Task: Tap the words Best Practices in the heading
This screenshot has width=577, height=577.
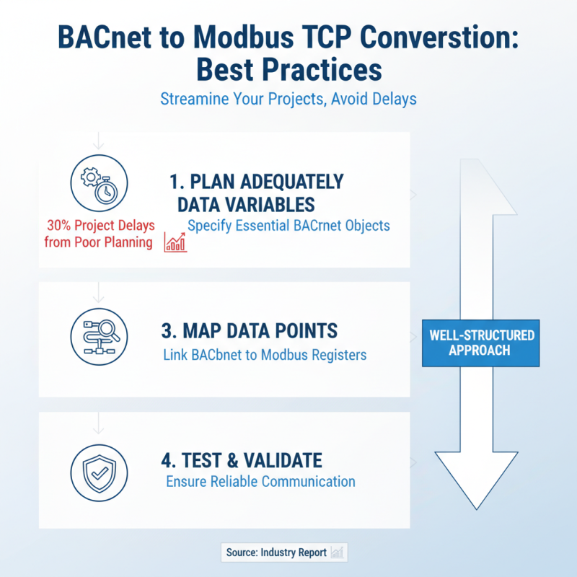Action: [x=288, y=70]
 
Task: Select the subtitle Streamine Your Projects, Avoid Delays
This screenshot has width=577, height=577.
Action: [x=288, y=98]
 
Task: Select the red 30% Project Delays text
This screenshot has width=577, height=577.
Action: [x=101, y=226]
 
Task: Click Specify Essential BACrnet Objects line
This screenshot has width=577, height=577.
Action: [x=288, y=226]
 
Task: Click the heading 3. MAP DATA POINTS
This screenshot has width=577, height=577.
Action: [x=249, y=331]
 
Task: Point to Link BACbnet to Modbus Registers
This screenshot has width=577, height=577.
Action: [x=264, y=354]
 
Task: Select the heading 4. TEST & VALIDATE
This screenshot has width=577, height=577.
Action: [x=241, y=459]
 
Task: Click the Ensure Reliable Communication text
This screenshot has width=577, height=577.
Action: [x=260, y=481]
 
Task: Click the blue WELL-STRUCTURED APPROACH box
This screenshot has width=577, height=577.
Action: [x=481, y=343]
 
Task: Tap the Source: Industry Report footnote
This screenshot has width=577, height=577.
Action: [x=277, y=552]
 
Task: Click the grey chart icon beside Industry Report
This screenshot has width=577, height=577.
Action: [x=338, y=552]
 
